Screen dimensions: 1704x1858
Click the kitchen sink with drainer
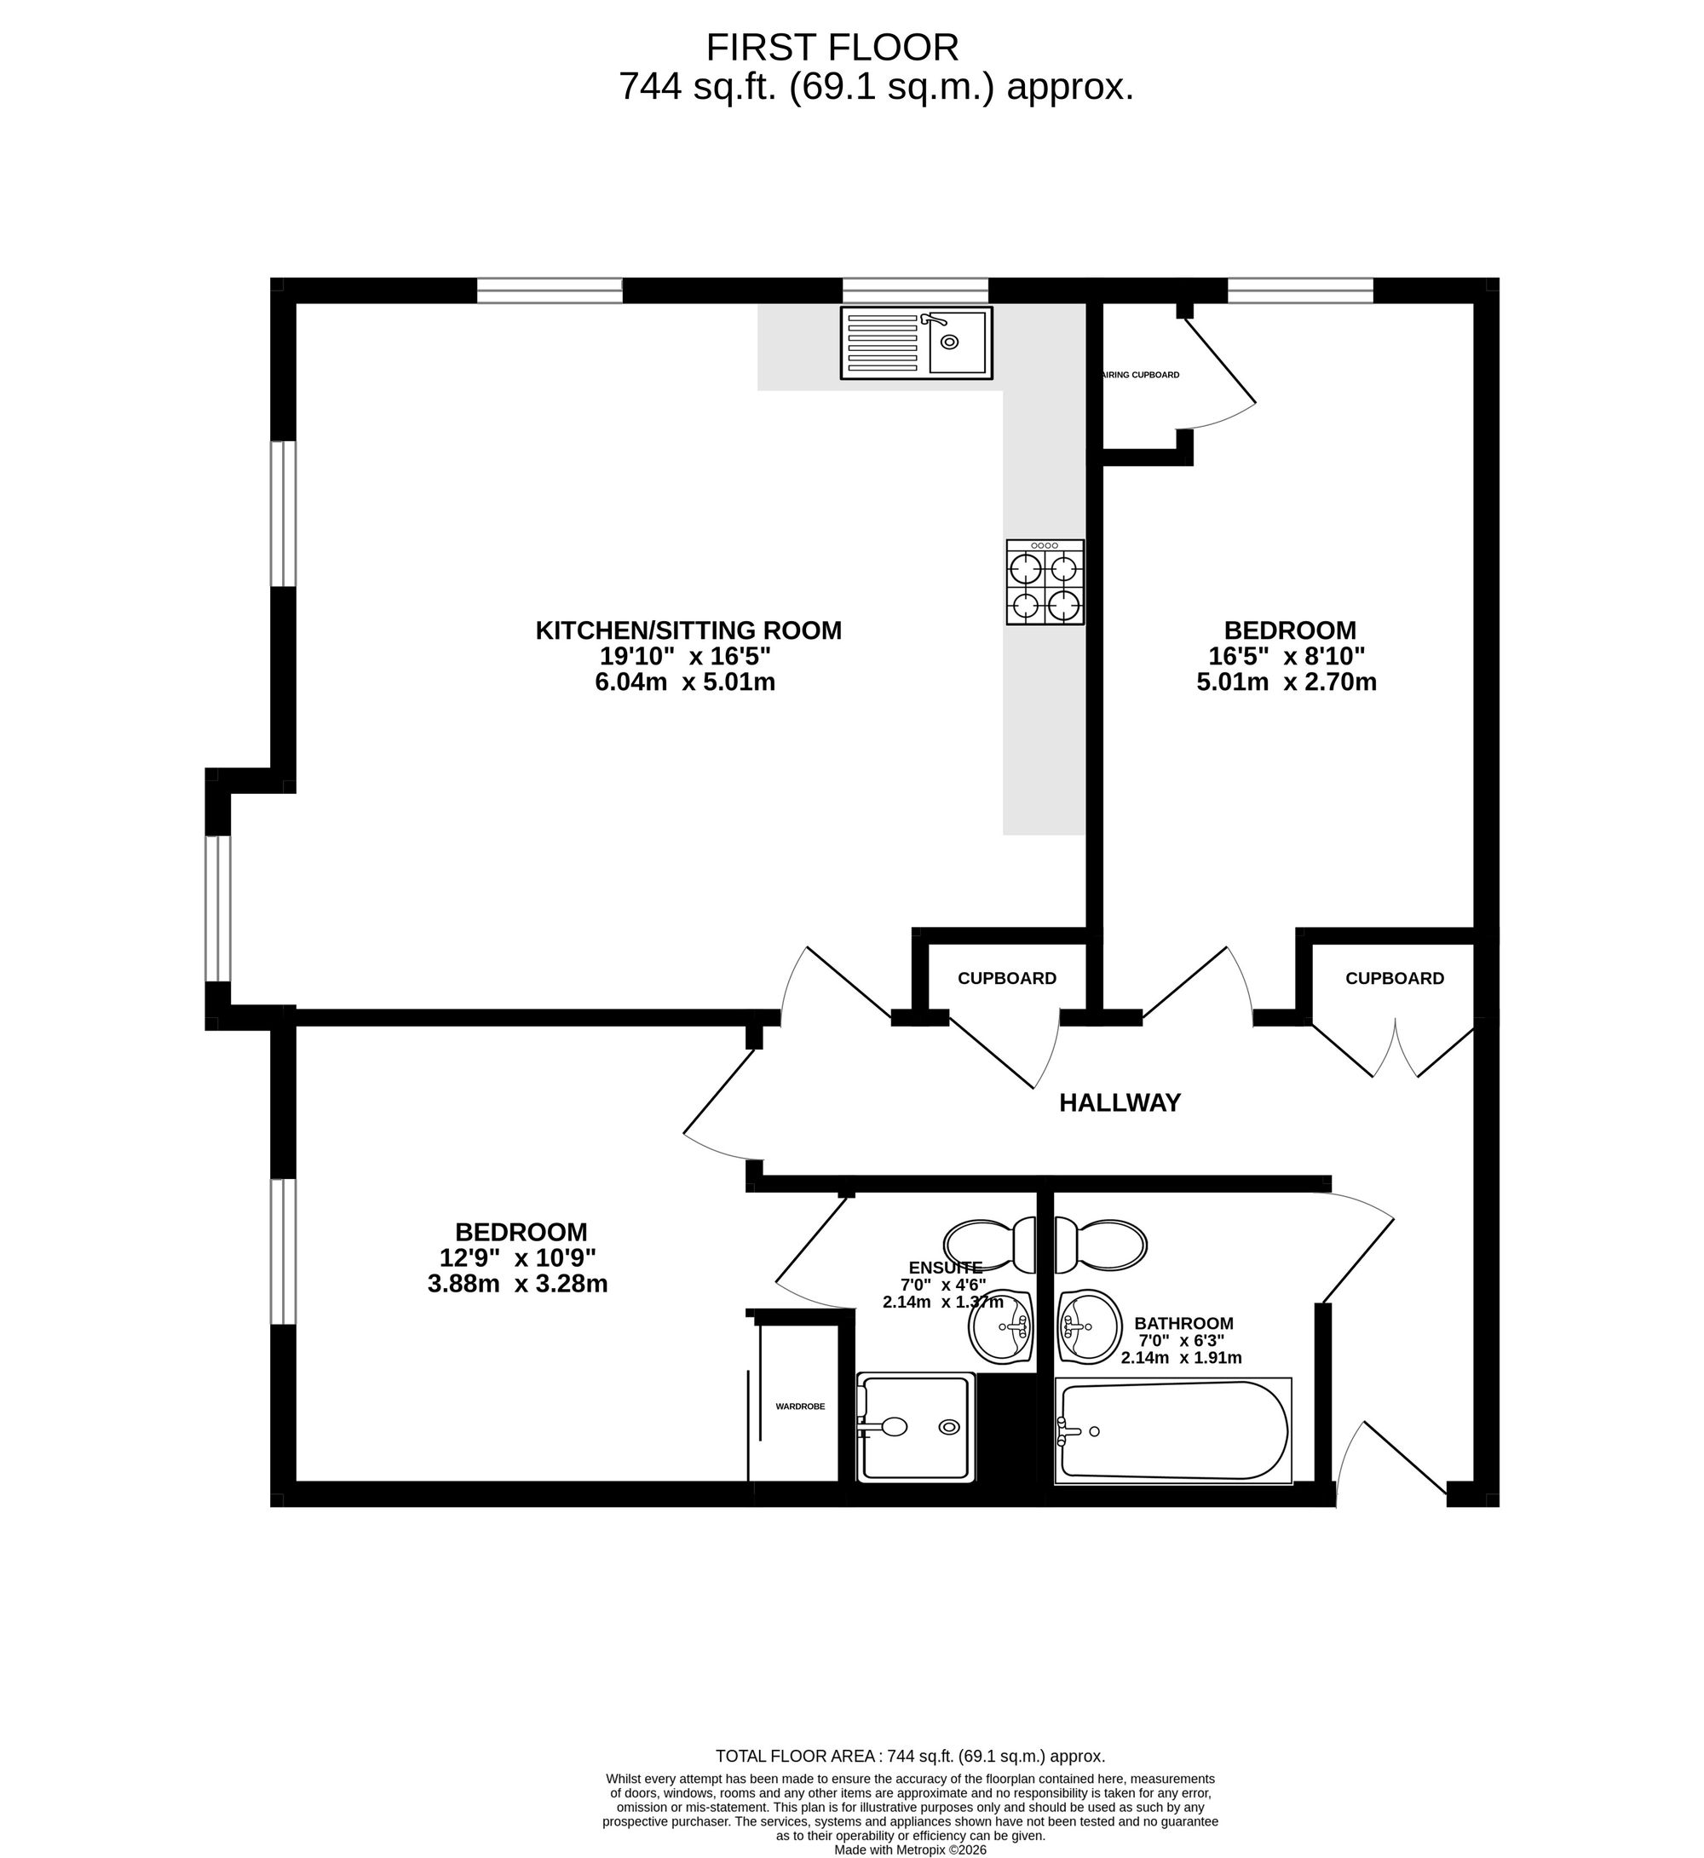(x=916, y=343)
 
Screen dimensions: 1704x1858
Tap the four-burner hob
(x=1045, y=583)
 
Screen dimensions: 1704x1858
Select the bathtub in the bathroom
(x=1173, y=1430)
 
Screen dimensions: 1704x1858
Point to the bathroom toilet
(x=1100, y=1245)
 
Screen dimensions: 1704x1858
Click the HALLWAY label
(x=1120, y=1103)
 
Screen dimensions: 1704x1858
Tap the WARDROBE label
(x=799, y=1407)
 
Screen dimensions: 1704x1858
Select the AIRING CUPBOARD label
(x=1141, y=376)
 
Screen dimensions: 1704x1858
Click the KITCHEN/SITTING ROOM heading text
(x=688, y=630)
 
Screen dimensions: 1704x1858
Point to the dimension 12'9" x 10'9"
(x=517, y=1257)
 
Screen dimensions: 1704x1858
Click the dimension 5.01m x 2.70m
(x=1287, y=682)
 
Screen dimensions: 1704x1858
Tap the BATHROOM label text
(x=1183, y=1323)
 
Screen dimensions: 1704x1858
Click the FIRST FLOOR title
(x=832, y=47)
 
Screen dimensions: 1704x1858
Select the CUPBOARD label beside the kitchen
(x=1007, y=978)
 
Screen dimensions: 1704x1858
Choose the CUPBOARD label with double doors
(x=1394, y=978)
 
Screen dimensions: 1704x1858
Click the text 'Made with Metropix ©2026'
(x=910, y=1849)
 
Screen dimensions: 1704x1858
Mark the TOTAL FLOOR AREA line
(x=910, y=1757)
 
